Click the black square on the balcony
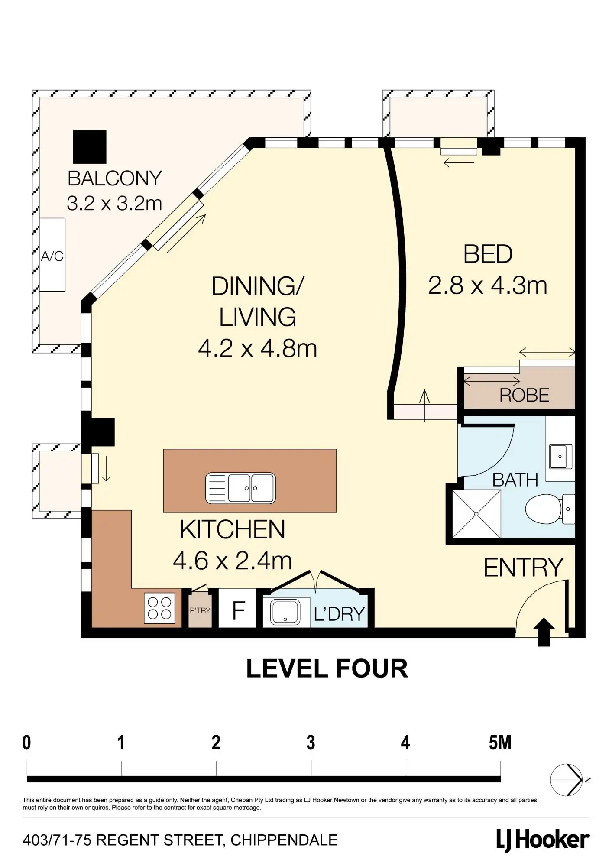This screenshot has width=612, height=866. tap(90, 147)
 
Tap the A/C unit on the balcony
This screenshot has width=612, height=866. tap(52, 255)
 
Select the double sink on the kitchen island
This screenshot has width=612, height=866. tap(240, 488)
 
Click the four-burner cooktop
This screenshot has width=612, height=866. tap(159, 608)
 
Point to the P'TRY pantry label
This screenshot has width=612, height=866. tap(200, 610)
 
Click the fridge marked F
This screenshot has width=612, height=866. tap(237, 608)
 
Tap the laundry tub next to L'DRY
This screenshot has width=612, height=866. tap(285, 611)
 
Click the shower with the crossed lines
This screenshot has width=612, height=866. tap(476, 514)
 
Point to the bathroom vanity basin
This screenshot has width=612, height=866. tap(560, 457)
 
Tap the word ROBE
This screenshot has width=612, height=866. tap(524, 395)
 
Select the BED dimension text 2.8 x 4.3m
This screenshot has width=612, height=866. tap(488, 286)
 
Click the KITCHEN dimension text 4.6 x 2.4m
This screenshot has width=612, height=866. tap(233, 561)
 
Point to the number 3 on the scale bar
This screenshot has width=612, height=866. tap(311, 743)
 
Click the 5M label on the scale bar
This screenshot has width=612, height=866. tap(500, 743)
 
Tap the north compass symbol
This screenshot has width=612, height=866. tap(567, 780)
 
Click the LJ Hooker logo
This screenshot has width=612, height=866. tap(543, 840)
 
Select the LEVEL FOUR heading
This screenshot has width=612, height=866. tap(327, 668)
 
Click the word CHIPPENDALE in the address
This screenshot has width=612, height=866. tap(284, 840)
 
